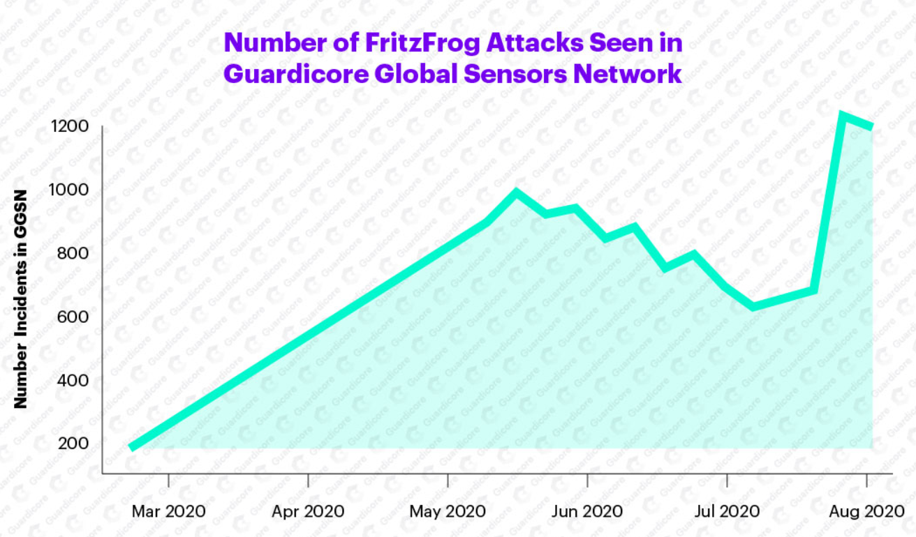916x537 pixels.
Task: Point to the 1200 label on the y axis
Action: tap(68, 126)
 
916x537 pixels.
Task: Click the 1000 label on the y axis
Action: tap(68, 190)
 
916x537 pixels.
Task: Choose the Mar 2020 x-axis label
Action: tap(168, 511)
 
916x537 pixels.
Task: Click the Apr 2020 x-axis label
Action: tap(308, 511)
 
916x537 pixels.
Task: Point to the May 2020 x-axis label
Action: tap(448, 511)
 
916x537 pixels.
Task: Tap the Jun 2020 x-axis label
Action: tap(587, 511)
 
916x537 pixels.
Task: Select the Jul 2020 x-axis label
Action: tap(727, 511)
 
